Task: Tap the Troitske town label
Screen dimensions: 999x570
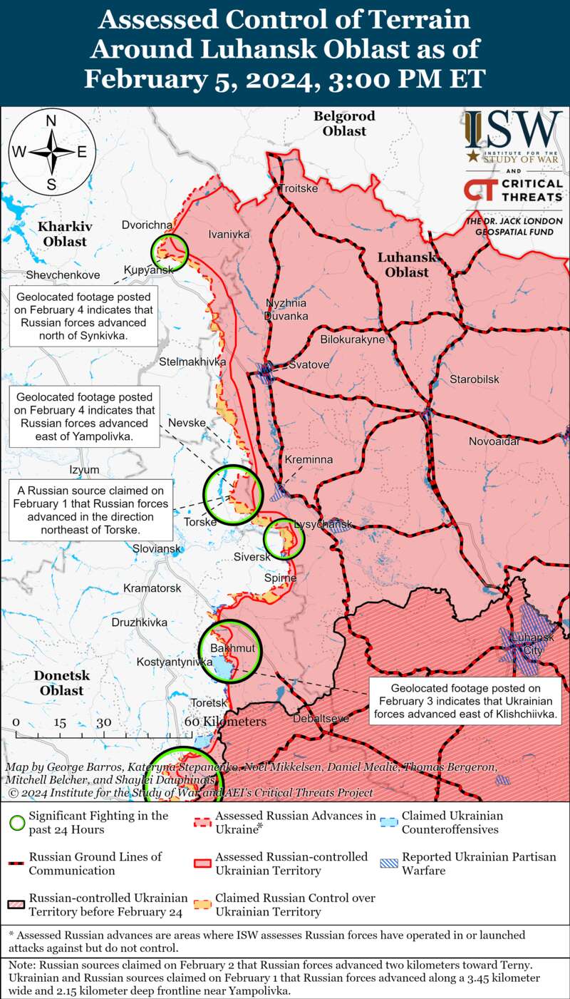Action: [x=298, y=189]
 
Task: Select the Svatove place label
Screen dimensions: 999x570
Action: [x=309, y=365]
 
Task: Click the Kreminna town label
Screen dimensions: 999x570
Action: [x=309, y=460]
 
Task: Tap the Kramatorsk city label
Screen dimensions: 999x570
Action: [x=152, y=588]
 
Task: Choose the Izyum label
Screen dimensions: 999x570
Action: [x=84, y=471]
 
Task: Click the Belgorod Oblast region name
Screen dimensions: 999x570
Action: [x=344, y=123]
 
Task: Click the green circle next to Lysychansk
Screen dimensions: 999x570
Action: [x=284, y=539]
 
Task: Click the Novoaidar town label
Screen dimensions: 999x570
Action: [x=494, y=443]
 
